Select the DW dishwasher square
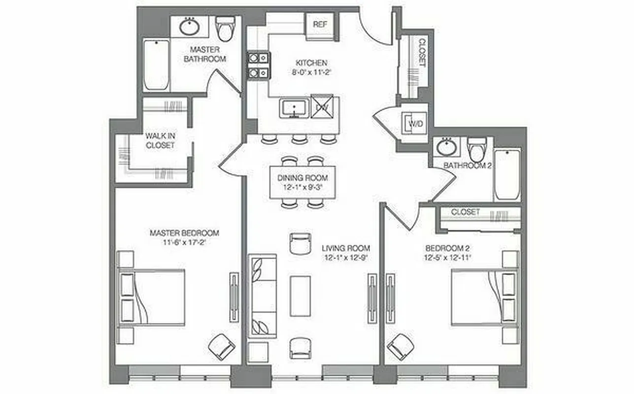tap(322, 106)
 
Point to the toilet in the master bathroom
tap(226, 29)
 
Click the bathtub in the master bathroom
tap(156, 65)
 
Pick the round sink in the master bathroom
tap(189, 27)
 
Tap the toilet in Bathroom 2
tap(476, 147)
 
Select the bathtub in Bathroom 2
tap(507, 174)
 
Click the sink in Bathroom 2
tap(447, 146)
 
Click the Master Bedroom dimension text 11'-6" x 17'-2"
tap(184, 242)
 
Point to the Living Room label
tap(346, 248)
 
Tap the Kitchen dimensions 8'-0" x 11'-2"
tap(311, 72)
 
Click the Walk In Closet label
tap(160, 140)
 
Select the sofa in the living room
tap(263, 295)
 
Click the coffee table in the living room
tap(300, 295)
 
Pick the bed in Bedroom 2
tap(483, 297)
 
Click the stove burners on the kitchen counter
tap(259, 66)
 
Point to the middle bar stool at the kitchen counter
tap(299, 139)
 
